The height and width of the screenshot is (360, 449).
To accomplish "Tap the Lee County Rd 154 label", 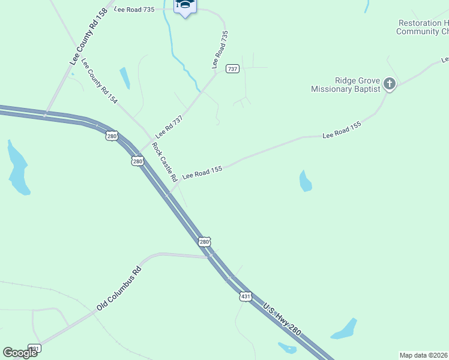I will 99,82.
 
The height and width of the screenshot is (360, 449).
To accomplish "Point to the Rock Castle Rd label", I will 164,162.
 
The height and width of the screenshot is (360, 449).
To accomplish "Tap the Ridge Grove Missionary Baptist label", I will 346,85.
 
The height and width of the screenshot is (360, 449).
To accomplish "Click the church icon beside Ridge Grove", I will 390,84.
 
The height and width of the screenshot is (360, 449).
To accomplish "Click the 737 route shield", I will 232,69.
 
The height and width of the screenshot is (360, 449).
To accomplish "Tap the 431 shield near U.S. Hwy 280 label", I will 245,296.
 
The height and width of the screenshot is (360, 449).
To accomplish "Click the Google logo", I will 20,353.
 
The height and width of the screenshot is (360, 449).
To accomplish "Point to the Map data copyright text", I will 424,355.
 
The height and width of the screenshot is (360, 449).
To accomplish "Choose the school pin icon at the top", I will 185,6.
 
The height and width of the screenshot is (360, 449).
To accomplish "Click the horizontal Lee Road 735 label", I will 133,10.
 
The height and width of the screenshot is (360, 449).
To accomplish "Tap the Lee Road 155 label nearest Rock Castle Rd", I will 202,172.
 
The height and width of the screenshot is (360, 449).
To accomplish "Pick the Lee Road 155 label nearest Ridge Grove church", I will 342,130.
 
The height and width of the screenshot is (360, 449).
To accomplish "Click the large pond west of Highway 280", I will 18,169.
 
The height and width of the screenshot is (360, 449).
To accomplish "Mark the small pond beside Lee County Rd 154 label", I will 124,78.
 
